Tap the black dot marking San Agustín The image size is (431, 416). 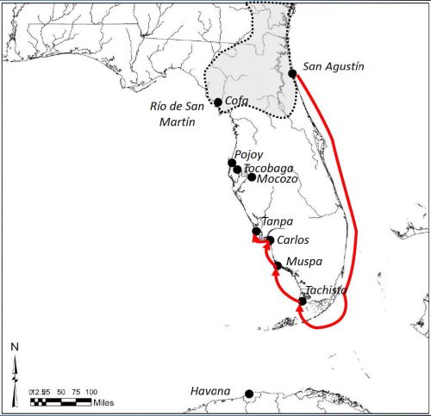click(x=292, y=73)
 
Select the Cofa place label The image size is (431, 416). click(x=236, y=101)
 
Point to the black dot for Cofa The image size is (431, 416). click(x=218, y=102)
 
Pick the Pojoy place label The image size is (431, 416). click(x=249, y=154)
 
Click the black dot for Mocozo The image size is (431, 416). click(x=252, y=177)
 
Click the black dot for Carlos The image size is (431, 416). click(x=271, y=239)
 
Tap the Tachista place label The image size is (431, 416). click(x=326, y=289)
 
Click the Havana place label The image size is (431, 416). click(x=210, y=392)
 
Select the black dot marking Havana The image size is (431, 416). click(x=249, y=394)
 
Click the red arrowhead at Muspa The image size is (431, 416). click(x=276, y=270)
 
